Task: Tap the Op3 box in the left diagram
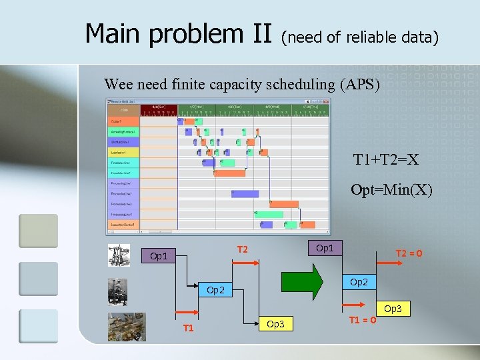(275, 324)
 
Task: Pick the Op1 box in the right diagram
(325, 247)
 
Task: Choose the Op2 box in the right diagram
(358, 282)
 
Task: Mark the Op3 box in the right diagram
(393, 309)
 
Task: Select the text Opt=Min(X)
(391, 190)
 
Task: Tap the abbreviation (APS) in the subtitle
(359, 85)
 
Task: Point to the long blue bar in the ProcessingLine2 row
(245, 193)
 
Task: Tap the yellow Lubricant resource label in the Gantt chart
(123, 153)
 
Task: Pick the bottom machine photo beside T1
(127, 327)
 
